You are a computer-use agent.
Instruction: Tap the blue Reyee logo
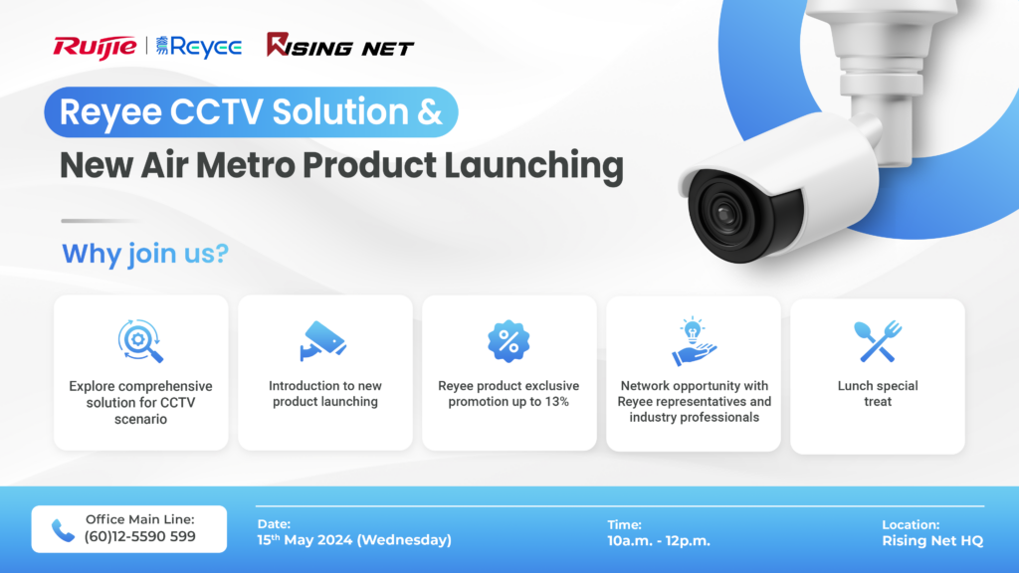click(x=199, y=46)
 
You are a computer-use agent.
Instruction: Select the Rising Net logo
click(x=340, y=46)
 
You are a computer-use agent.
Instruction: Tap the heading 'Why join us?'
click(x=145, y=254)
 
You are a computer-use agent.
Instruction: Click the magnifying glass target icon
click(x=140, y=341)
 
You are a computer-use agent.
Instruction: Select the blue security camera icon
click(x=323, y=341)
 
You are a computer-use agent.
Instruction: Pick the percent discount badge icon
click(x=509, y=341)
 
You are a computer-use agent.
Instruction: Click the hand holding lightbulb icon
click(x=693, y=341)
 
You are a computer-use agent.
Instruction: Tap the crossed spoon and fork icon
click(x=877, y=341)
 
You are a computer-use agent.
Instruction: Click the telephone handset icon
click(x=63, y=530)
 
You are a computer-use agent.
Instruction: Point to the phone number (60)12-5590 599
click(x=140, y=537)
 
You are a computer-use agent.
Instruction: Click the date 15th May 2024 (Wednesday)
click(x=355, y=540)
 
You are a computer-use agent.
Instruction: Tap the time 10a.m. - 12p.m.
click(x=659, y=540)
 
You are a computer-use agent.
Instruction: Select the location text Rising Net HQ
click(x=931, y=540)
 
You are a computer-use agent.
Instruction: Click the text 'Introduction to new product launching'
click(x=324, y=394)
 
